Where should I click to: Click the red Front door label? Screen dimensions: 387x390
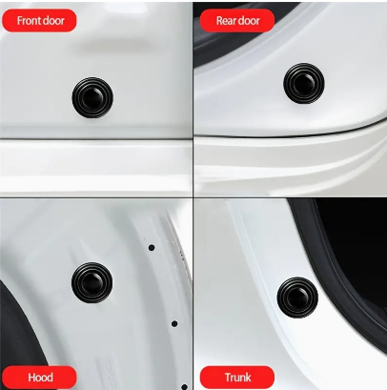tap(39, 21)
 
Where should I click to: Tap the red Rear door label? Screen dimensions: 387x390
tap(237, 21)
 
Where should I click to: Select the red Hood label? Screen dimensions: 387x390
tap(39, 378)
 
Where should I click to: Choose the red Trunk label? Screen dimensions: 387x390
tap(237, 378)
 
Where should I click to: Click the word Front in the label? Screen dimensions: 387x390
tap(29, 21)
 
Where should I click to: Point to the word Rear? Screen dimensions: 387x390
tap(227, 21)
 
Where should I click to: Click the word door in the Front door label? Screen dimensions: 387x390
tap(53, 21)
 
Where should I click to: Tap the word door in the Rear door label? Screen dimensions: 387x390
tap(250, 21)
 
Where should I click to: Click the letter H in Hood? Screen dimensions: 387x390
tap(31, 378)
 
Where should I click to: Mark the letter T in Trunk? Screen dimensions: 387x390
tap(228, 378)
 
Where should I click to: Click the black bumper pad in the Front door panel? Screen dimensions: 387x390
tap(92, 97)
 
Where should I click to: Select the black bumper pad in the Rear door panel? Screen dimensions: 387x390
tap(304, 83)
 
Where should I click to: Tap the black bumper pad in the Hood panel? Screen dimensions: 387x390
tap(92, 282)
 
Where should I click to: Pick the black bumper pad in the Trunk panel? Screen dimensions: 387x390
tap(297, 298)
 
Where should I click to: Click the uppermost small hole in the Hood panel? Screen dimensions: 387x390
tap(152, 248)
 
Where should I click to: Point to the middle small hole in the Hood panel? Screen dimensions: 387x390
tap(174, 324)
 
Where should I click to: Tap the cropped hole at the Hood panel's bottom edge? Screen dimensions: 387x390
tap(184, 387)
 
